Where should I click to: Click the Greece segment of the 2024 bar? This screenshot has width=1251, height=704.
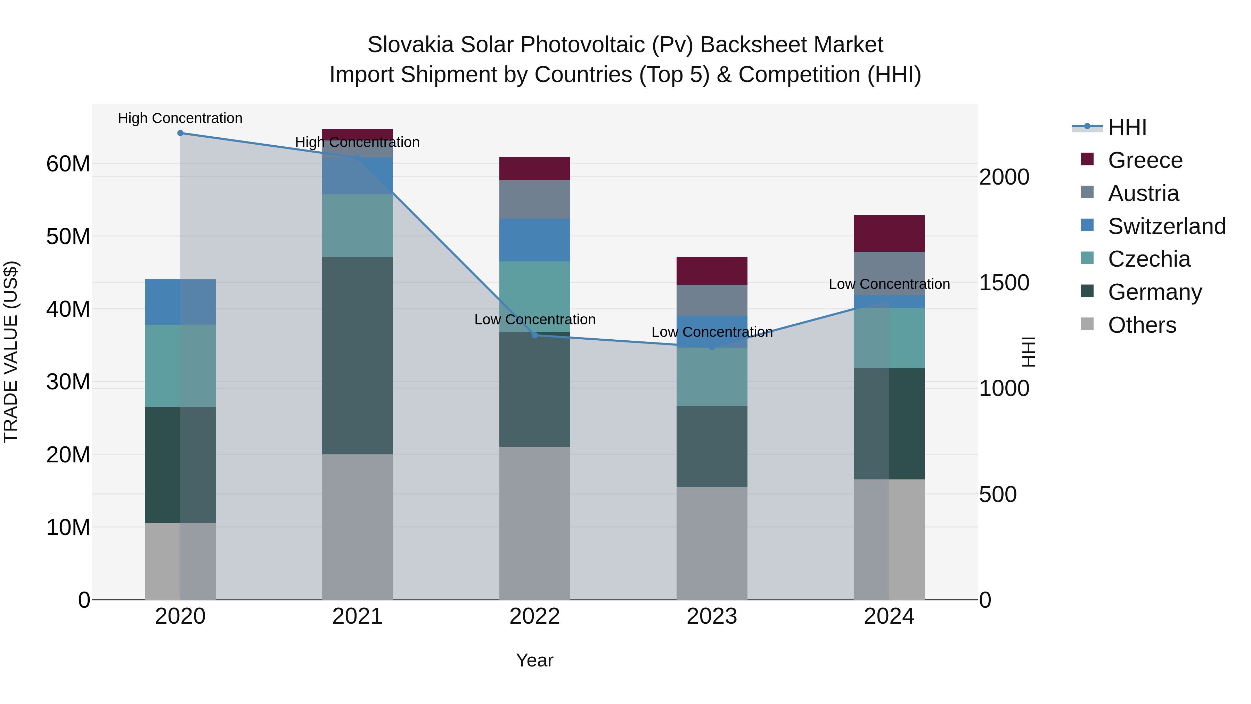[x=889, y=233]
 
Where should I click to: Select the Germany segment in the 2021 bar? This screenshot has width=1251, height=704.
[x=358, y=355]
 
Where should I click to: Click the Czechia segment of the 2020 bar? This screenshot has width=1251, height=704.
[x=180, y=365]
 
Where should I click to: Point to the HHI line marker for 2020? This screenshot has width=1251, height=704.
[x=180, y=133]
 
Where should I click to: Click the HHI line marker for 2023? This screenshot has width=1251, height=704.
[x=712, y=347]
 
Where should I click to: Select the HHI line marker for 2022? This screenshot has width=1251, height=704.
[x=535, y=335]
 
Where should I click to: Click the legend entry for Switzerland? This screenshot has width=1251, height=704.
[x=1167, y=226]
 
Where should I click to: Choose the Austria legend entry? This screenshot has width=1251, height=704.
[x=1143, y=193]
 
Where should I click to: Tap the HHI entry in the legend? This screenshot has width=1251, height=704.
[x=1127, y=127]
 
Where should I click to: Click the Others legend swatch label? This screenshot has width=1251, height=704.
[x=1142, y=325]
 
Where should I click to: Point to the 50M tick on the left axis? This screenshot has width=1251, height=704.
[x=68, y=237]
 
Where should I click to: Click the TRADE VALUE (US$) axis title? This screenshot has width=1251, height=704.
[x=11, y=352]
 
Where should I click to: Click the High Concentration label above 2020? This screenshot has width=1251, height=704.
[x=180, y=118]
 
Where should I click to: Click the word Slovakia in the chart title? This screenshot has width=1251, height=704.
[x=410, y=45]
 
